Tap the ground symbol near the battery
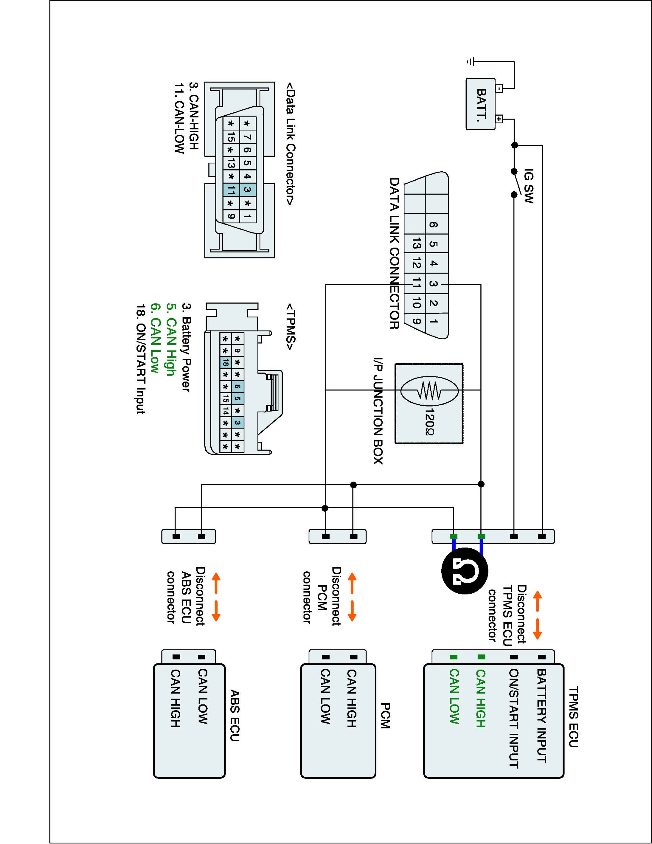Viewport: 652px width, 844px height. pos(470,61)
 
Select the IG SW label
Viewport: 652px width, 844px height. pos(529,187)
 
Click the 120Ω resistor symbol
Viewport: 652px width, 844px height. pos(429,391)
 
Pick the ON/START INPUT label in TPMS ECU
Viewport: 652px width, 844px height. pos(513,719)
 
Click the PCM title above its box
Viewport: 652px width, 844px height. pos(385,716)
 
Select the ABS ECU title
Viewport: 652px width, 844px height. pos(235,716)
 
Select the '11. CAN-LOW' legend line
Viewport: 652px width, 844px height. pos(179,118)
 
